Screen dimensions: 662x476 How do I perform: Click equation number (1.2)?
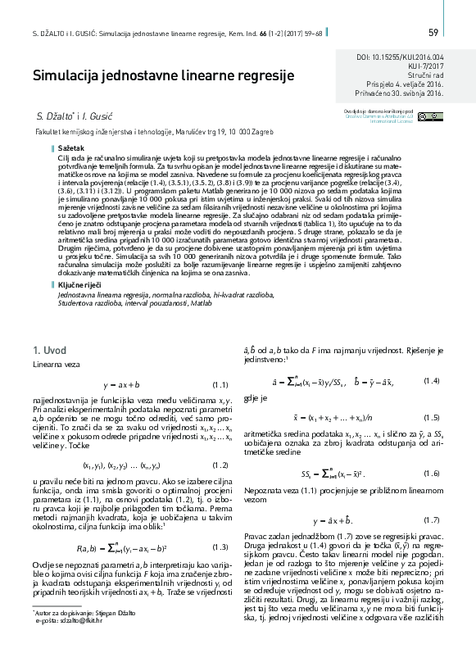(x=219, y=465)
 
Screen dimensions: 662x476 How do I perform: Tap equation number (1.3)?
(x=219, y=546)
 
